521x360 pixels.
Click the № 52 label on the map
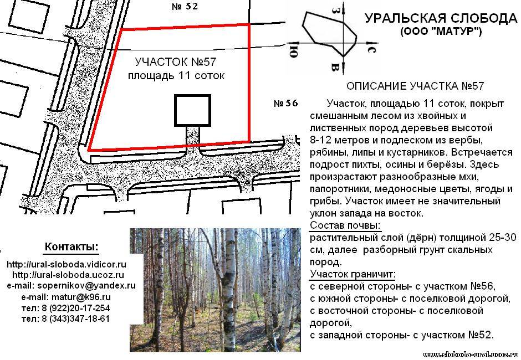[185, 6]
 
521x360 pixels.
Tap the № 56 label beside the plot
[286, 103]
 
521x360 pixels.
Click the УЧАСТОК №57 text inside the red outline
[176, 62]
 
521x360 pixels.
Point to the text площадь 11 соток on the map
[176, 76]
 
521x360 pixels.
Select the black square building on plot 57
[193, 111]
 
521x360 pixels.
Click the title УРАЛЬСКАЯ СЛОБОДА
[441, 18]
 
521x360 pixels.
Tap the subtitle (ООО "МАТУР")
[441, 32]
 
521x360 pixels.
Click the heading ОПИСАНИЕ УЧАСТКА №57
[415, 86]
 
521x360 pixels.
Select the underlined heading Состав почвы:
[345, 225]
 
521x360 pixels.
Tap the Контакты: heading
[71, 247]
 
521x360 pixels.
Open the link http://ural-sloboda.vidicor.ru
[67, 264]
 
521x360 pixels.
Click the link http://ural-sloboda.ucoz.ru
[68, 275]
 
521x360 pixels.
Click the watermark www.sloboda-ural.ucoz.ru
[471, 355]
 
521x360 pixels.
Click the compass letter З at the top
[335, 10]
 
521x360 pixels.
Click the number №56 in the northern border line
[483, 286]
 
